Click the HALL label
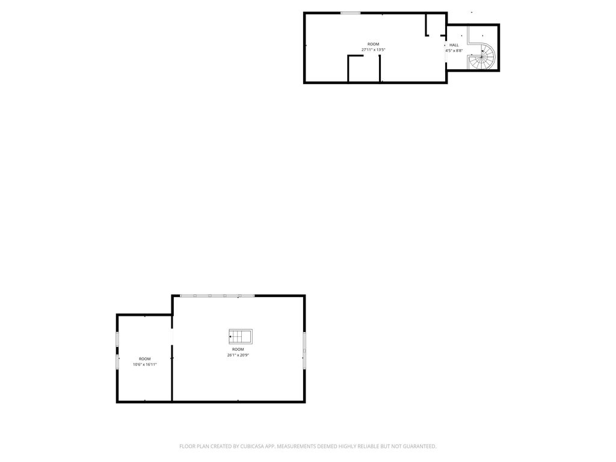(x=454, y=45)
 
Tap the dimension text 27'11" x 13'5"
(x=373, y=50)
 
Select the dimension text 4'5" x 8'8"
(x=454, y=51)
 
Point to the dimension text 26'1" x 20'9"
(x=238, y=355)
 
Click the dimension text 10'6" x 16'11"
(x=144, y=365)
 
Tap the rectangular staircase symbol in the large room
(x=241, y=337)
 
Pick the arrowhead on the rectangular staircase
(x=230, y=337)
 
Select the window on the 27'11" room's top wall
(x=351, y=13)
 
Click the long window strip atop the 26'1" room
(x=217, y=295)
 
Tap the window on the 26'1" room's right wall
(x=304, y=351)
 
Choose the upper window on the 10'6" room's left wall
(x=117, y=339)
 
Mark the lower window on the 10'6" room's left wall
(x=117, y=362)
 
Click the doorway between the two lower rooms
(x=171, y=337)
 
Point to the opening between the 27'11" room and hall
(x=446, y=49)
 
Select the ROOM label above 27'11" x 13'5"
(x=373, y=45)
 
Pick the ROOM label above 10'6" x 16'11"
(x=144, y=359)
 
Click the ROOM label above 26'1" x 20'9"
(x=238, y=350)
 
